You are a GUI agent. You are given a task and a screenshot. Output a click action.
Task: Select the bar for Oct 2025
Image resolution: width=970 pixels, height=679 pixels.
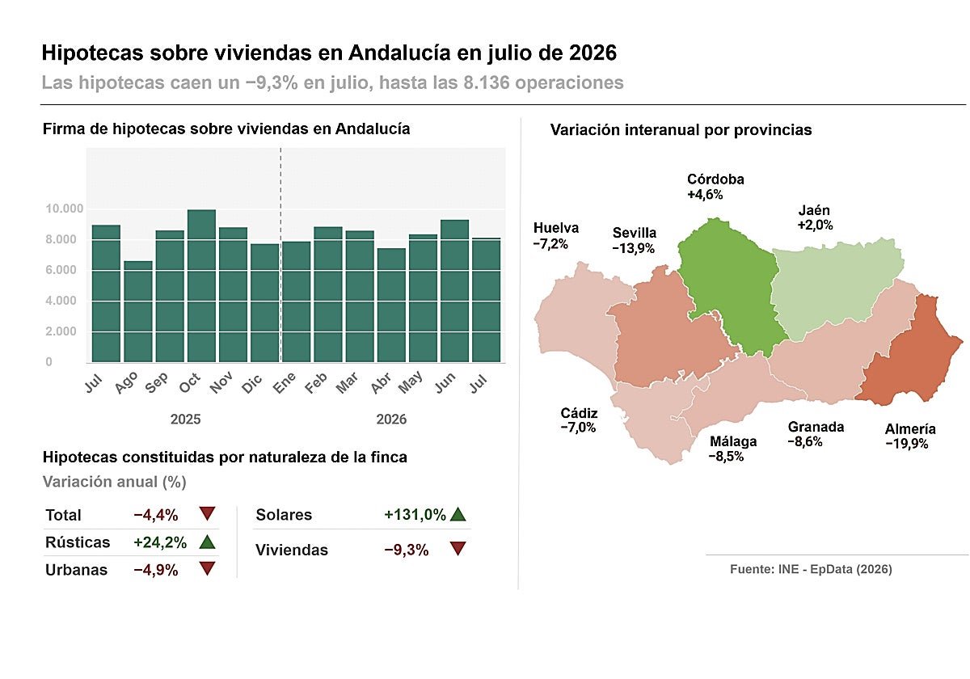(201, 286)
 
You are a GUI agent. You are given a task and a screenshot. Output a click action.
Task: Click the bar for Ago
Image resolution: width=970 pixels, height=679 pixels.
(138, 311)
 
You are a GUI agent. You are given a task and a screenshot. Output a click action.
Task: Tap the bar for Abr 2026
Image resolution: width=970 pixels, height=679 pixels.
(391, 306)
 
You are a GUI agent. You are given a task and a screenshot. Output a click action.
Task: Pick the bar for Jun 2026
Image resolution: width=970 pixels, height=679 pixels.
(454, 291)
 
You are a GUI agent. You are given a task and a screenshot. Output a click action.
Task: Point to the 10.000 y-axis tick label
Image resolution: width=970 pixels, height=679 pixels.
(65, 209)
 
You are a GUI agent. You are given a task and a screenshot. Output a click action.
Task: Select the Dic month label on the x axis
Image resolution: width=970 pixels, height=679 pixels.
(252, 383)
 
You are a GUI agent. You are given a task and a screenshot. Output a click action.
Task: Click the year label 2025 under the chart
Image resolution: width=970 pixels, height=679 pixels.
(185, 420)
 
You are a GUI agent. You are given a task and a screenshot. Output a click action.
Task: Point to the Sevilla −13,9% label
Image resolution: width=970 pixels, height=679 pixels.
(634, 240)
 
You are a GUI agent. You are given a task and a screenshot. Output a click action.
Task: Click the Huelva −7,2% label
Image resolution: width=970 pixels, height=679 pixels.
(555, 235)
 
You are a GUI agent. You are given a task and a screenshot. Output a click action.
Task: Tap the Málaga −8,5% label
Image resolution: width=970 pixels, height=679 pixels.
(733, 449)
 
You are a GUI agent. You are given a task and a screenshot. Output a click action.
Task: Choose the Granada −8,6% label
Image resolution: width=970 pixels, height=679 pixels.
(816, 434)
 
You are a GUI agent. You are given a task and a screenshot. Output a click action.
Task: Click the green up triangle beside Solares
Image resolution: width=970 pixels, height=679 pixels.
(458, 514)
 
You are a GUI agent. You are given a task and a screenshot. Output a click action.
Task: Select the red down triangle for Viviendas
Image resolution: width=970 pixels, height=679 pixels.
(458, 549)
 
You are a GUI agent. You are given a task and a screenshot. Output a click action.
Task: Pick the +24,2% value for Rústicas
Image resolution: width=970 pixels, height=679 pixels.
(160, 542)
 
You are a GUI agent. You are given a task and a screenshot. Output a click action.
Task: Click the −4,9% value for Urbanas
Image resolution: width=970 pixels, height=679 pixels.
(156, 570)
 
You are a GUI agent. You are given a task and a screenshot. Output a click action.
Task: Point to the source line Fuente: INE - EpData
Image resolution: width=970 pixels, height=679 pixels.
(811, 569)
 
